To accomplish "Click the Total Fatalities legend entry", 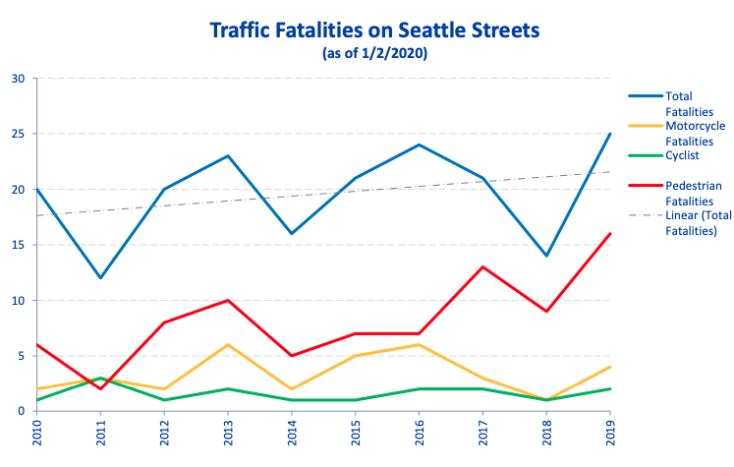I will click(x=679, y=104).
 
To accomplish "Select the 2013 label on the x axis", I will click(x=228, y=432).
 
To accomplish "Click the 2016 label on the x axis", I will click(x=419, y=432).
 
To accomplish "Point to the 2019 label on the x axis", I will click(x=610, y=432).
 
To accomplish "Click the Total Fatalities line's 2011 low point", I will click(x=100, y=278).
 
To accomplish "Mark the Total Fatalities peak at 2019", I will click(x=610, y=134).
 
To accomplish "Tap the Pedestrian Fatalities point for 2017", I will click(x=482, y=266).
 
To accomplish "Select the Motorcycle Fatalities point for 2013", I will click(x=228, y=344).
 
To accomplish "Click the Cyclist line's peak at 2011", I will click(x=100, y=379).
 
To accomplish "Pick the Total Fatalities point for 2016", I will click(x=419, y=145).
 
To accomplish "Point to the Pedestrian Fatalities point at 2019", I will click(x=610, y=234).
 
